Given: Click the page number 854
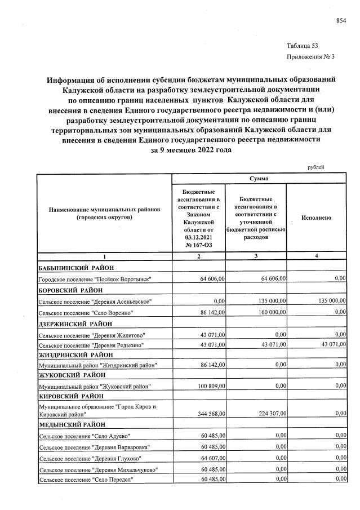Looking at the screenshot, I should [x=341, y=21].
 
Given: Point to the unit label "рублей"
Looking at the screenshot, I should [x=316, y=167].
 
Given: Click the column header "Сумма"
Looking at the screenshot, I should [x=259, y=179].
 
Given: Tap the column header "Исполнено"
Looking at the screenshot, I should [x=316, y=218].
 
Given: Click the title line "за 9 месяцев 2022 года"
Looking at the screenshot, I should [x=191, y=151].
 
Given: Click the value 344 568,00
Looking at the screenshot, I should [x=208, y=414].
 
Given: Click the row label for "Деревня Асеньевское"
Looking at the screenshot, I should [x=95, y=301].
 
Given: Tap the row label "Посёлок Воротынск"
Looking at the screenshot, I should [x=95, y=280].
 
